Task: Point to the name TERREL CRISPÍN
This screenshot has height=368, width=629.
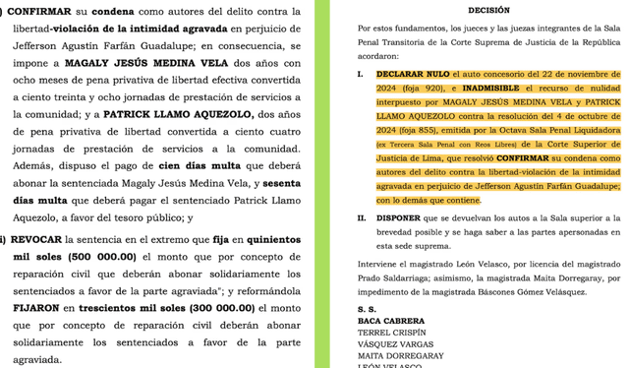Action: tap(391, 332)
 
